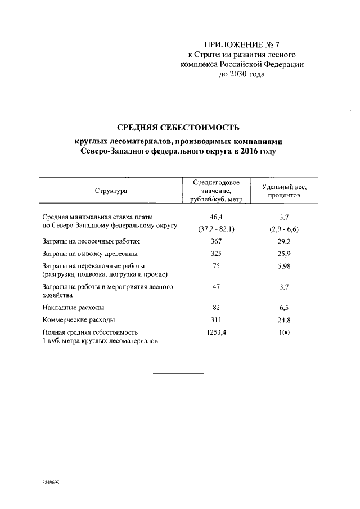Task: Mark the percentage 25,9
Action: click(283, 253)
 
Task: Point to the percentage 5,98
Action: click(283, 266)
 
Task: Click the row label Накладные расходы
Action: click(73, 308)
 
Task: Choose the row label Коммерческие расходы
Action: click(79, 320)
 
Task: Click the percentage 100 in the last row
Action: click(283, 332)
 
